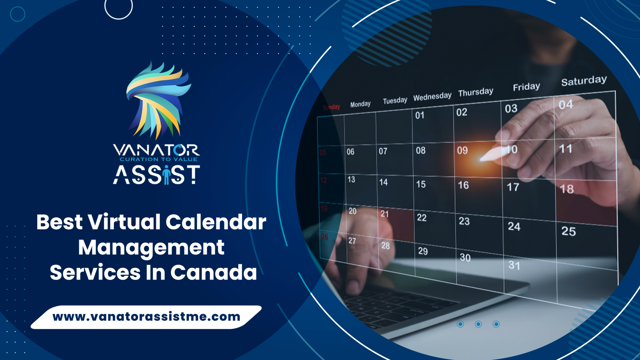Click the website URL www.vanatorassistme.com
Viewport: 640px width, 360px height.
[146, 317]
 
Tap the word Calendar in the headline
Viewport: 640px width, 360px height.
[216, 222]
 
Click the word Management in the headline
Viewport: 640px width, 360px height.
[151, 247]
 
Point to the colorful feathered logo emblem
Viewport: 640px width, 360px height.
[158, 100]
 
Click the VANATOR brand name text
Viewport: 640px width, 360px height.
[156, 150]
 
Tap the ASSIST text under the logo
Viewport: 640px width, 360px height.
[156, 175]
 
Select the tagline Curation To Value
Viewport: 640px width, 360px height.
[158, 159]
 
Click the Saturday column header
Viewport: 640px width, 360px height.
[584, 81]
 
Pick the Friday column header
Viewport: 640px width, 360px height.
[526, 87]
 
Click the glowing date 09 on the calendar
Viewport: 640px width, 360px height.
[462, 151]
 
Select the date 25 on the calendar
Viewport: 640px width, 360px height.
[568, 231]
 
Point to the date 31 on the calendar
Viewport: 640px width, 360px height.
[514, 265]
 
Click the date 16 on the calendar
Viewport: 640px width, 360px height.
[463, 185]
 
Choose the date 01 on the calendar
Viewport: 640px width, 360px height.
[420, 115]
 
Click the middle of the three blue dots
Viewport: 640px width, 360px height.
[478, 324]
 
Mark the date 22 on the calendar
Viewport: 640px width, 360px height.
[422, 217]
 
